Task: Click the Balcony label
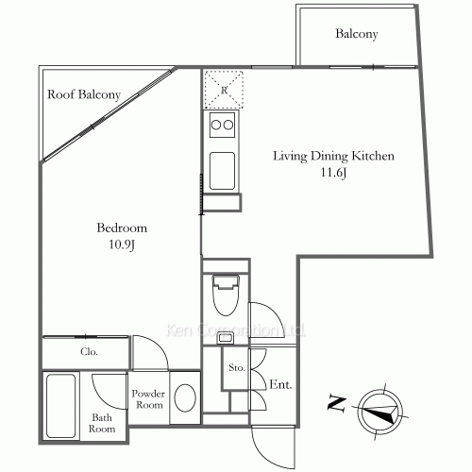[357, 35]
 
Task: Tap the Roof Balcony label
[84, 95]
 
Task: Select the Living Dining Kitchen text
[333, 156]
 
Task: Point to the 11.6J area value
[333, 174]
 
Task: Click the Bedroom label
[122, 228]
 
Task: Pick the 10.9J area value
[122, 245]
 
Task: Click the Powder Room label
[148, 399]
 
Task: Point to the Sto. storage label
[236, 369]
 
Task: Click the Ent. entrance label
[280, 385]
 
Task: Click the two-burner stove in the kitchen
[222, 126]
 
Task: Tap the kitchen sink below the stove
[223, 170]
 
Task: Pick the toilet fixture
[226, 296]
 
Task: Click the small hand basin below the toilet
[226, 337]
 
